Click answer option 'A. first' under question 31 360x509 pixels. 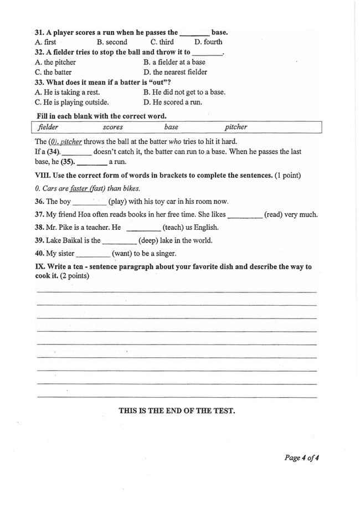click(x=45, y=42)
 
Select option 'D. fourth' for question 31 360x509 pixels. click(x=208, y=42)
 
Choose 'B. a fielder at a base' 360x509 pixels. click(x=174, y=62)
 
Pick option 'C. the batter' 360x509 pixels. click(x=53, y=72)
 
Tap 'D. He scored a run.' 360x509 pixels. click(x=173, y=102)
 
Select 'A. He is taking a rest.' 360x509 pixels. click(x=67, y=92)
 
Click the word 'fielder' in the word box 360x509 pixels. click(x=48, y=127)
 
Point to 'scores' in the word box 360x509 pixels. click(x=113, y=127)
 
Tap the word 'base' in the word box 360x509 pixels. click(x=172, y=127)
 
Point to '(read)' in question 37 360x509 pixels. click(x=274, y=215)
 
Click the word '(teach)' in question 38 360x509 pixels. click(x=175, y=228)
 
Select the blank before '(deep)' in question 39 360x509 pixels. click(x=120, y=241)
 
